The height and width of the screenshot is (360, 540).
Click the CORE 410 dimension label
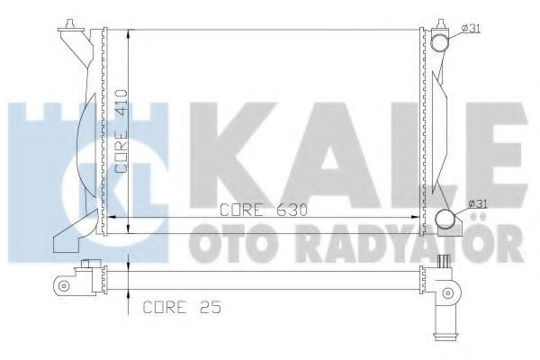(x=121, y=131)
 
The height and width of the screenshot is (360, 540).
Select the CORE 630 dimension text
(x=264, y=210)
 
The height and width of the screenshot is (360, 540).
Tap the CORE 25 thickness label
(x=182, y=307)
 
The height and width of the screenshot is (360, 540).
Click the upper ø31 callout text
(x=471, y=29)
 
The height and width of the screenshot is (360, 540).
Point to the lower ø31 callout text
(x=477, y=204)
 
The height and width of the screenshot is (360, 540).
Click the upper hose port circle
(x=440, y=44)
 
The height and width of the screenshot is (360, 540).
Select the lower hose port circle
(x=445, y=219)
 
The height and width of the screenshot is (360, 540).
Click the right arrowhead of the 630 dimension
(x=415, y=218)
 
